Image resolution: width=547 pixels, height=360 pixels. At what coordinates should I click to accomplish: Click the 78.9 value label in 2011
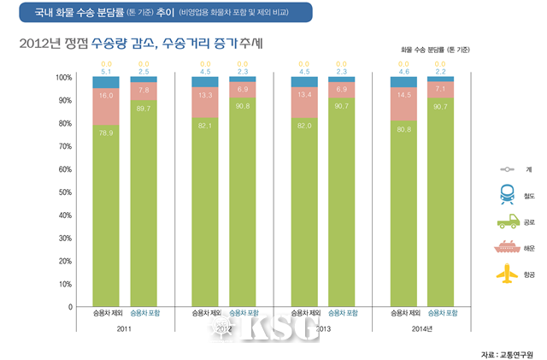(107, 132)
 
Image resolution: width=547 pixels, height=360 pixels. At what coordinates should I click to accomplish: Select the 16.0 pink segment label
(107, 97)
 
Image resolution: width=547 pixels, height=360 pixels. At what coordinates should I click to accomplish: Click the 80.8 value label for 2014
(403, 128)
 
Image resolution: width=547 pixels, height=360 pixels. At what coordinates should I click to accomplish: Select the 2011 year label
(125, 328)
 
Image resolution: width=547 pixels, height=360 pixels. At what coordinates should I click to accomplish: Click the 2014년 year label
(423, 328)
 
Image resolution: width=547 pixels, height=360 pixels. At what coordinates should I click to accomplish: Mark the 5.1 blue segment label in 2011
(107, 72)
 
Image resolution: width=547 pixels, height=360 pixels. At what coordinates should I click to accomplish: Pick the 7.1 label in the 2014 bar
(440, 88)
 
